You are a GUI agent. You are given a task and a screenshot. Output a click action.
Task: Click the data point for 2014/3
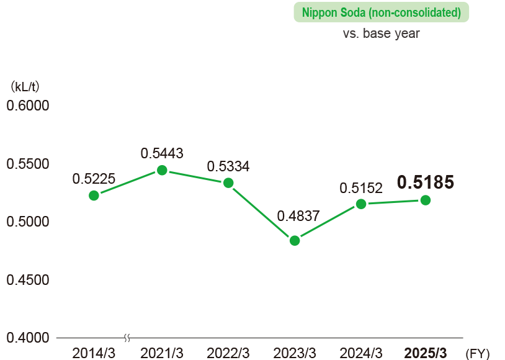click(94, 196)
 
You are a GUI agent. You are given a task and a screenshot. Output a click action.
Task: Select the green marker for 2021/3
click(162, 170)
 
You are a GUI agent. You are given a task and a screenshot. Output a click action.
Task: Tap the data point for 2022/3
click(228, 182)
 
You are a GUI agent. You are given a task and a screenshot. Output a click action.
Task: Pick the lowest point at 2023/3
click(295, 241)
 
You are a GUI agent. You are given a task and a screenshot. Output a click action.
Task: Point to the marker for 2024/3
click(361, 204)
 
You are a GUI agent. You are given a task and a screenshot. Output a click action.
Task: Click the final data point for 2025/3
click(426, 200)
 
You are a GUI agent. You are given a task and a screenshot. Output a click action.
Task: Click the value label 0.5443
click(162, 153)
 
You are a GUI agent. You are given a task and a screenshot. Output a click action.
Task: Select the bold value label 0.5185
click(426, 182)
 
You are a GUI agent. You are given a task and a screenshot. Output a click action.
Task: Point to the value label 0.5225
click(94, 179)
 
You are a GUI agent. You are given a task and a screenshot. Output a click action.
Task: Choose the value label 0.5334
click(228, 166)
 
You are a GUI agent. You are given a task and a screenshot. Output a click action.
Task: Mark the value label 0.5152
click(361, 188)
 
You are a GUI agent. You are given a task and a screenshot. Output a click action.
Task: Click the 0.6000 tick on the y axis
click(27, 106)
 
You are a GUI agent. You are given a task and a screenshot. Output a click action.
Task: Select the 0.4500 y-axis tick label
click(27, 280)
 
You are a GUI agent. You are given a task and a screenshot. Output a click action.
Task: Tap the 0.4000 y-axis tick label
click(27, 338)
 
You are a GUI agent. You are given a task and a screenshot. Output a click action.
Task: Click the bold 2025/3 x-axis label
click(425, 353)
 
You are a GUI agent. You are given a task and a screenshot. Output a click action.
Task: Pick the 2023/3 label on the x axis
click(295, 353)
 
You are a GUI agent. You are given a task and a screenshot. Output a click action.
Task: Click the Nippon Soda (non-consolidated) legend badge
click(381, 12)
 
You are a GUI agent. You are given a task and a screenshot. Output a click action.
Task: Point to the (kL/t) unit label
click(25, 86)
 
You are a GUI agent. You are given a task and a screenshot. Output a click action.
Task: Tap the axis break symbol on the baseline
click(127, 338)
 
